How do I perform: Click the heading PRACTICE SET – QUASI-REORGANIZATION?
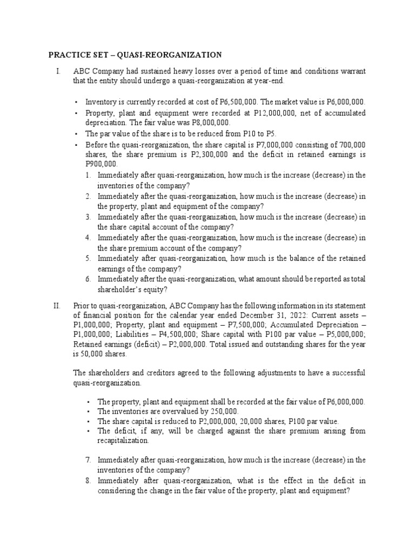(135, 55)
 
